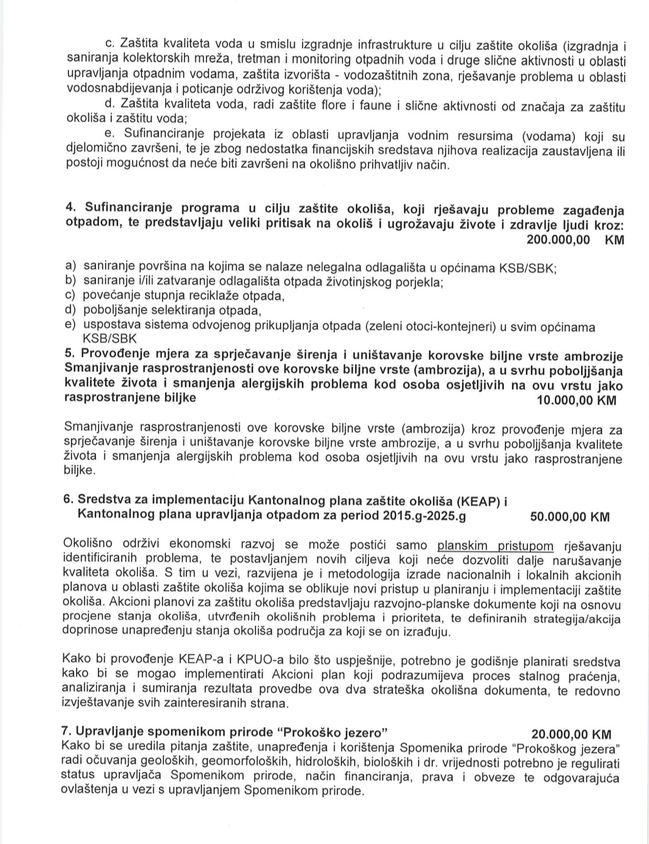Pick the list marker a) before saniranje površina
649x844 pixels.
pos(70,267)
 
